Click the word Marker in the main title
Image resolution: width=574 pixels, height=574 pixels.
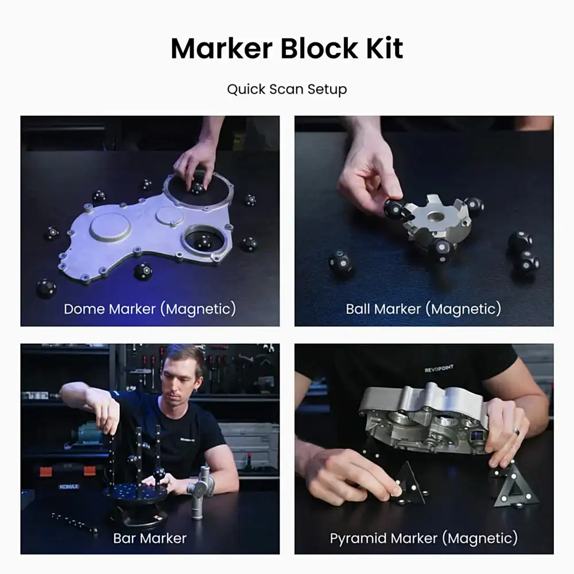click(x=222, y=48)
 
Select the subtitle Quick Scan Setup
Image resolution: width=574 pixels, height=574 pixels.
click(x=287, y=90)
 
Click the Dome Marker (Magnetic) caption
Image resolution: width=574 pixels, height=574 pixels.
click(x=150, y=309)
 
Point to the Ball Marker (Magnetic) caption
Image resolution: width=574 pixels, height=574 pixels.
click(x=424, y=309)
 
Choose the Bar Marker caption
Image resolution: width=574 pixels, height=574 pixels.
click(x=150, y=538)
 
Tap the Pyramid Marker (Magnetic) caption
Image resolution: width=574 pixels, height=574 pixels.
click(x=424, y=538)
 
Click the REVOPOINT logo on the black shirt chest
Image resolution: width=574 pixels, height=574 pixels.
click(x=439, y=369)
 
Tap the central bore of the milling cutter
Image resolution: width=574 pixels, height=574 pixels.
click(x=436, y=217)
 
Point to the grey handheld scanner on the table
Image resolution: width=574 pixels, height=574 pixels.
click(x=200, y=492)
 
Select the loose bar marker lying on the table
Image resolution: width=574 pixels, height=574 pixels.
click(x=74, y=522)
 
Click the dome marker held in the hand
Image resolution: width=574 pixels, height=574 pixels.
click(x=197, y=188)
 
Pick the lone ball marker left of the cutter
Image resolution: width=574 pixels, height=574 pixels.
click(x=340, y=261)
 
